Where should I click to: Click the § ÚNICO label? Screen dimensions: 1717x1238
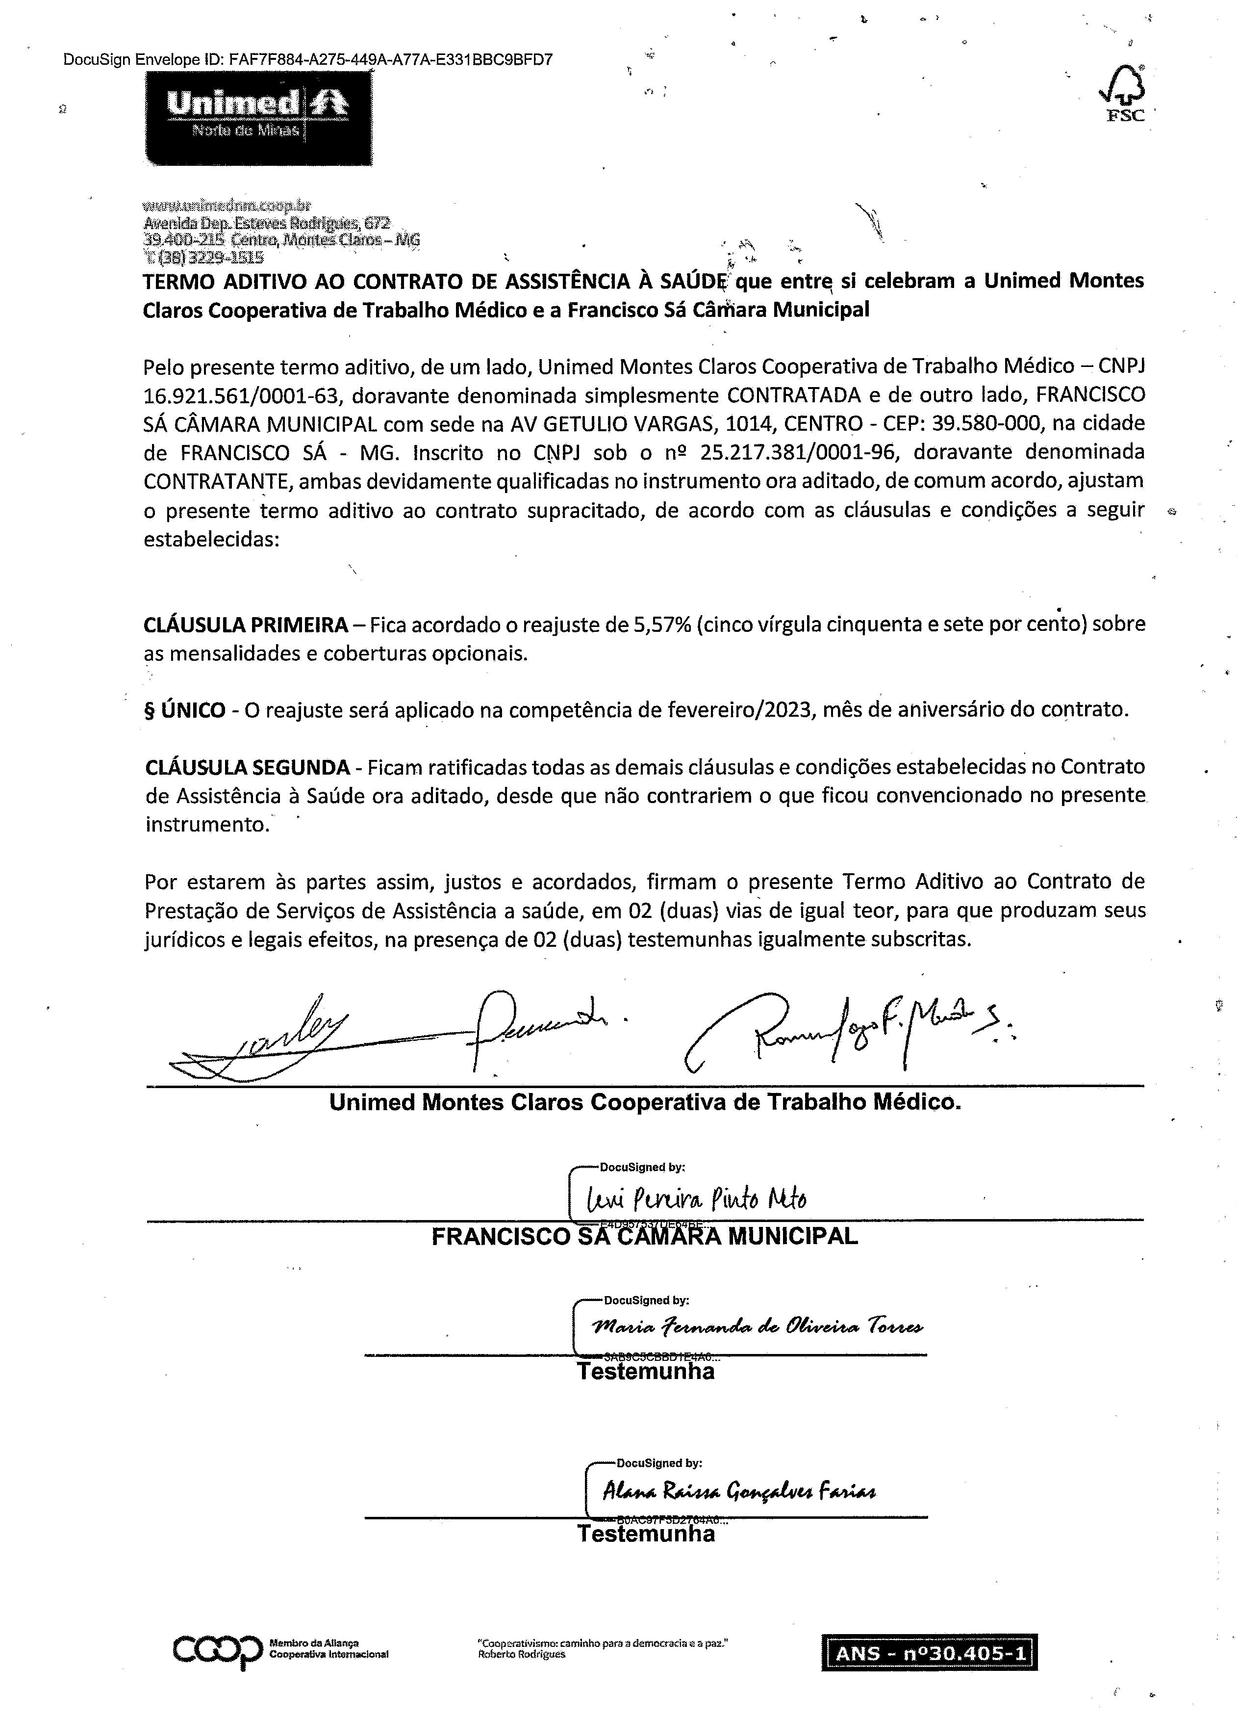point(185,711)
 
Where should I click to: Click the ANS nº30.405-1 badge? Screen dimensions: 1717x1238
point(929,1653)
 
